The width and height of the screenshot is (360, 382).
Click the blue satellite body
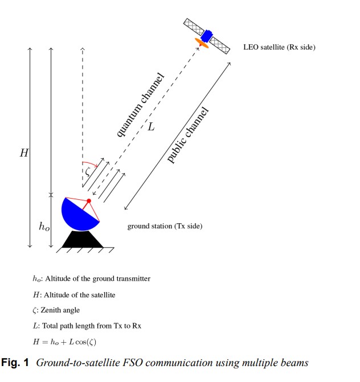point(206,35)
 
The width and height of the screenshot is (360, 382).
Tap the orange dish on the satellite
point(202,43)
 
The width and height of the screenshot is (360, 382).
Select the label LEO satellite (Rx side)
point(279,47)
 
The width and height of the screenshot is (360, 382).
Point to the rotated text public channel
point(188,135)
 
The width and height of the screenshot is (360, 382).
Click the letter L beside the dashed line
point(151,127)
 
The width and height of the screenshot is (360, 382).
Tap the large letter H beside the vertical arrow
point(24,153)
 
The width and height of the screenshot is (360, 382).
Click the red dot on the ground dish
point(89,201)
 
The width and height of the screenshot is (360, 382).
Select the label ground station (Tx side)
point(165,227)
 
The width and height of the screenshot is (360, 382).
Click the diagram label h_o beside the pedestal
point(44,227)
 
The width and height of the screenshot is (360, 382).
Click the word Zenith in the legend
point(51,310)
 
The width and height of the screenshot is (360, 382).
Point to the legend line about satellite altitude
point(74,295)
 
